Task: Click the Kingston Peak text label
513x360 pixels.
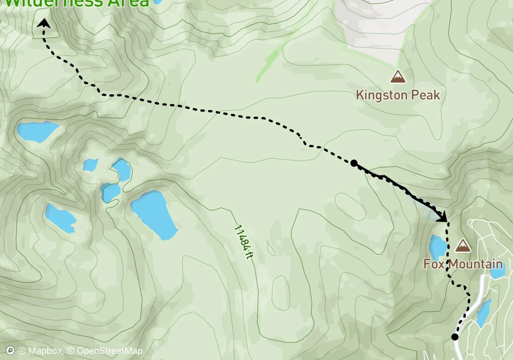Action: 398,95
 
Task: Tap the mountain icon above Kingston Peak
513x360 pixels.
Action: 398,76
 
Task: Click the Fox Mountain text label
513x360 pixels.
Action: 463,264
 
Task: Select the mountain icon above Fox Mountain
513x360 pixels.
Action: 463,245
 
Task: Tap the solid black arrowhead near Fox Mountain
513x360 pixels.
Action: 443,217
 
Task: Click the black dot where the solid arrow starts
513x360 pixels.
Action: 354,164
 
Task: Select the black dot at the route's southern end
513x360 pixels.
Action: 455,337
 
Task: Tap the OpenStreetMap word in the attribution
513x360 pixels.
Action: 110,351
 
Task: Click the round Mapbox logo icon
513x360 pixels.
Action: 11,351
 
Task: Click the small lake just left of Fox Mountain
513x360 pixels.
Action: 438,247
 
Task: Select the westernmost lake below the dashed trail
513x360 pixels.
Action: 38,131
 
